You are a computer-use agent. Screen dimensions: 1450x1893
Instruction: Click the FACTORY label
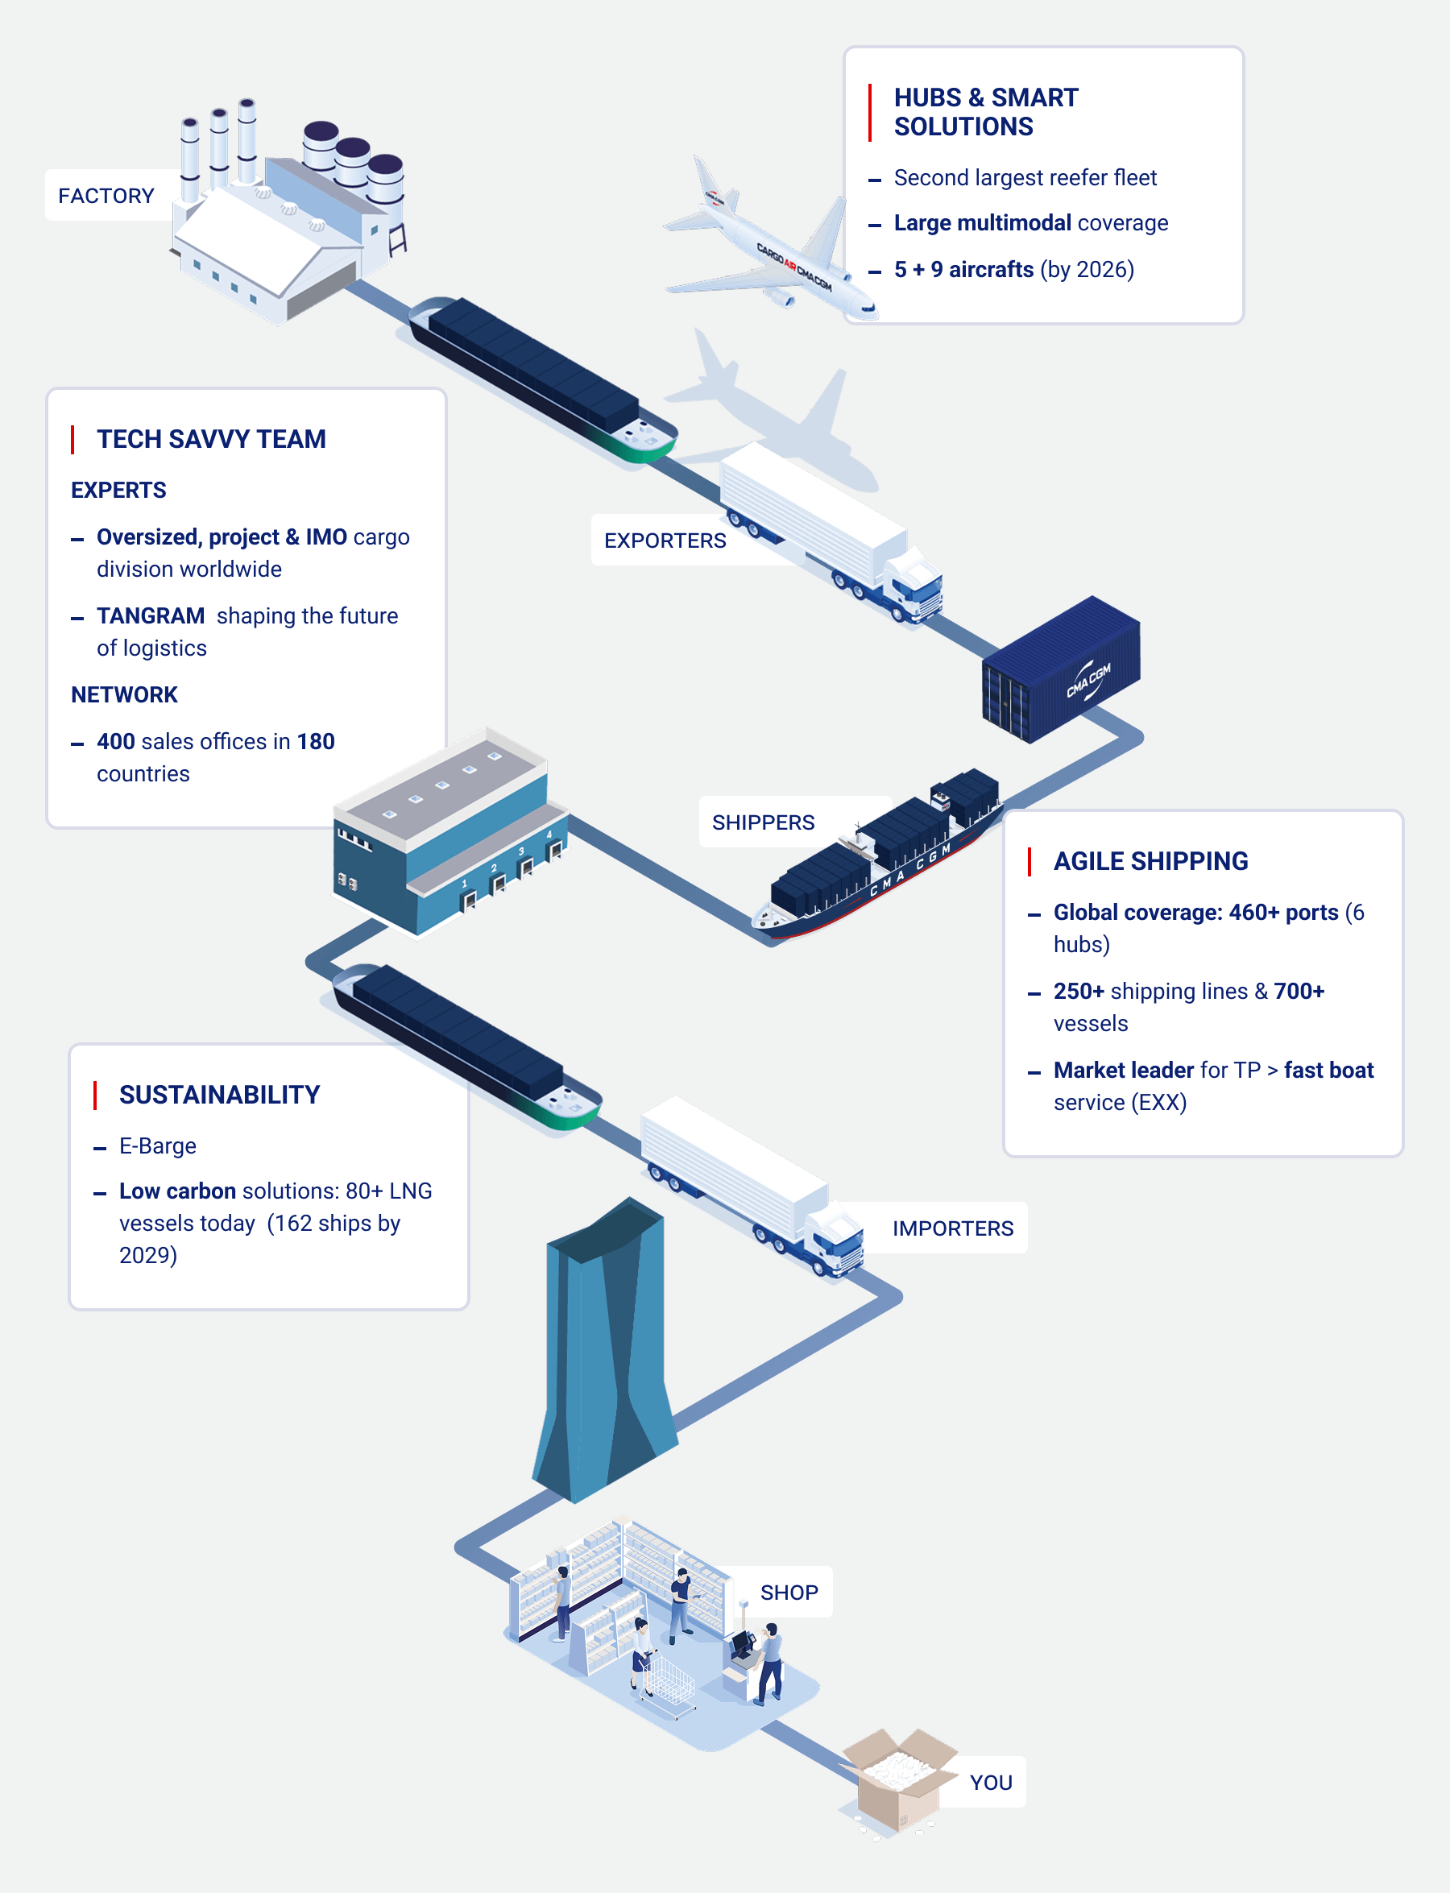(106, 196)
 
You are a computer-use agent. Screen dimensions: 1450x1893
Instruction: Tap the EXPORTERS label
(665, 541)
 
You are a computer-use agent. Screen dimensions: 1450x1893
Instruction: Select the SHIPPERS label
(763, 822)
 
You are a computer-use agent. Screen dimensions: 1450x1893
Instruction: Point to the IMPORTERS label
(953, 1228)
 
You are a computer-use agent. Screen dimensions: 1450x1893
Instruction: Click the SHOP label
(789, 1593)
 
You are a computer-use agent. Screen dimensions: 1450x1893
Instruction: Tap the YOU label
(991, 1783)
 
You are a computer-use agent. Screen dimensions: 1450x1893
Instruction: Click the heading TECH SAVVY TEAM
(211, 439)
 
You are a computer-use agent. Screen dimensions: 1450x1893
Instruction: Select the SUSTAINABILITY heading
(219, 1095)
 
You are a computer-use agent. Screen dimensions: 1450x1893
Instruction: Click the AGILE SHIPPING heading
(1150, 861)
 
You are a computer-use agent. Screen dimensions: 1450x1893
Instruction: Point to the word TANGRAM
(150, 616)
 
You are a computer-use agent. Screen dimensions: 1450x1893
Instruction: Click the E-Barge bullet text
(158, 1146)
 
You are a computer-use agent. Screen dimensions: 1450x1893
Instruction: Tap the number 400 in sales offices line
(116, 741)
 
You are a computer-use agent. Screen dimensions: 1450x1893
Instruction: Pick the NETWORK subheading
(124, 695)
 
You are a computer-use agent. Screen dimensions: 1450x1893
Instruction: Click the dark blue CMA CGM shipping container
(1061, 669)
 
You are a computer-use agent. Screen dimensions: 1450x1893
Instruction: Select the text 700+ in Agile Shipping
(1299, 992)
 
